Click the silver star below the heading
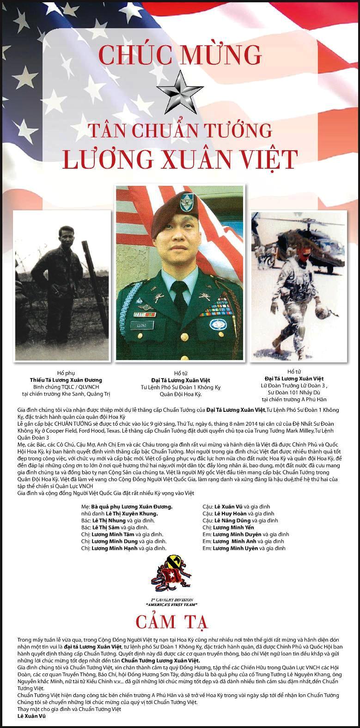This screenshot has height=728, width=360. pos(180,91)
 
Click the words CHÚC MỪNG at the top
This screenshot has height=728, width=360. pos(180,54)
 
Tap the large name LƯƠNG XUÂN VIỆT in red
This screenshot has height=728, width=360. pos(179,159)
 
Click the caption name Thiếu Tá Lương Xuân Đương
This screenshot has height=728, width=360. pos(66,379)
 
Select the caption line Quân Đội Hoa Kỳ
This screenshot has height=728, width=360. pos(178,395)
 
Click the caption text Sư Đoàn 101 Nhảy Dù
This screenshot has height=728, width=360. pos(298,392)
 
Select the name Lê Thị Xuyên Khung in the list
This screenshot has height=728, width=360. pos(131,514)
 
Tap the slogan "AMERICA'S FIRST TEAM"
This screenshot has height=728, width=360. pos(171,604)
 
